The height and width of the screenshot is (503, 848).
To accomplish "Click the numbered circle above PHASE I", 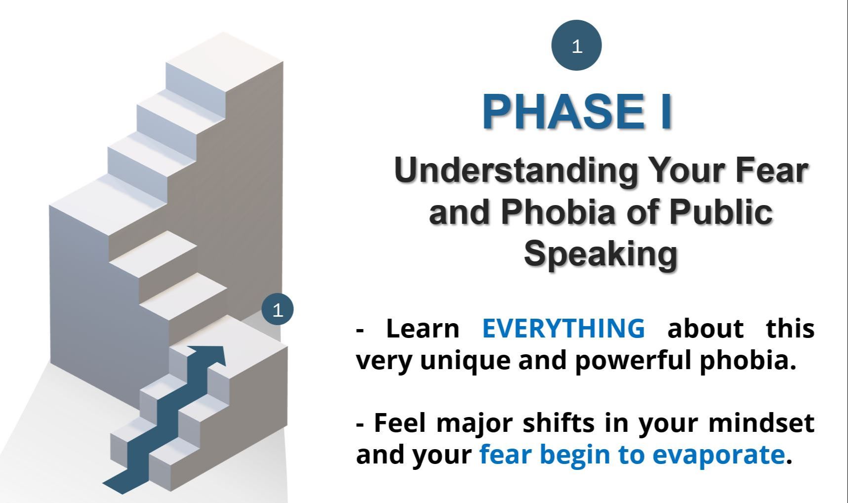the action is tap(576, 45).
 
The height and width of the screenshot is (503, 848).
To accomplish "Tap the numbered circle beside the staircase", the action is tap(278, 310).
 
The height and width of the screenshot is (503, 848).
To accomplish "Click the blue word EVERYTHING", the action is tap(564, 328).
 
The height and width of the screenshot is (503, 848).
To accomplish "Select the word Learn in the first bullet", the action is tap(423, 328).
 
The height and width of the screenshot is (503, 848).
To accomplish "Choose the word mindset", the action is tap(761, 423).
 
